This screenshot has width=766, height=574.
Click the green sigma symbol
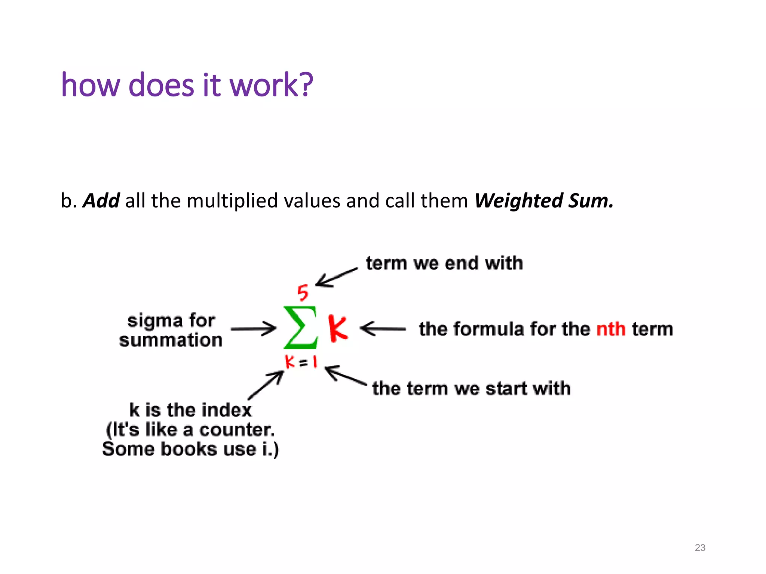click(x=300, y=327)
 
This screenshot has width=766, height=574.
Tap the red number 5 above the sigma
click(x=303, y=293)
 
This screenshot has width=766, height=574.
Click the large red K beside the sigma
click(x=338, y=328)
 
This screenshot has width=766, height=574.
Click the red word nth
click(x=611, y=329)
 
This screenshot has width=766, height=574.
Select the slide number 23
click(x=700, y=548)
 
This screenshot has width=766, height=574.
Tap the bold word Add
click(x=101, y=201)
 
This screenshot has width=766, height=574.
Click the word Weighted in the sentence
click(x=518, y=201)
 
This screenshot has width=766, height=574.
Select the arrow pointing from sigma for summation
click(x=253, y=329)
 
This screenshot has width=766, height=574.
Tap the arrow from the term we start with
click(x=345, y=375)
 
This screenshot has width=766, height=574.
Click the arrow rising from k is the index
click(x=266, y=385)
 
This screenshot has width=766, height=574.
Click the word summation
click(x=171, y=340)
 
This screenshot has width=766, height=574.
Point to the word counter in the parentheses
click(x=237, y=430)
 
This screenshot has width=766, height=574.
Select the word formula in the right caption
click(x=471, y=329)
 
